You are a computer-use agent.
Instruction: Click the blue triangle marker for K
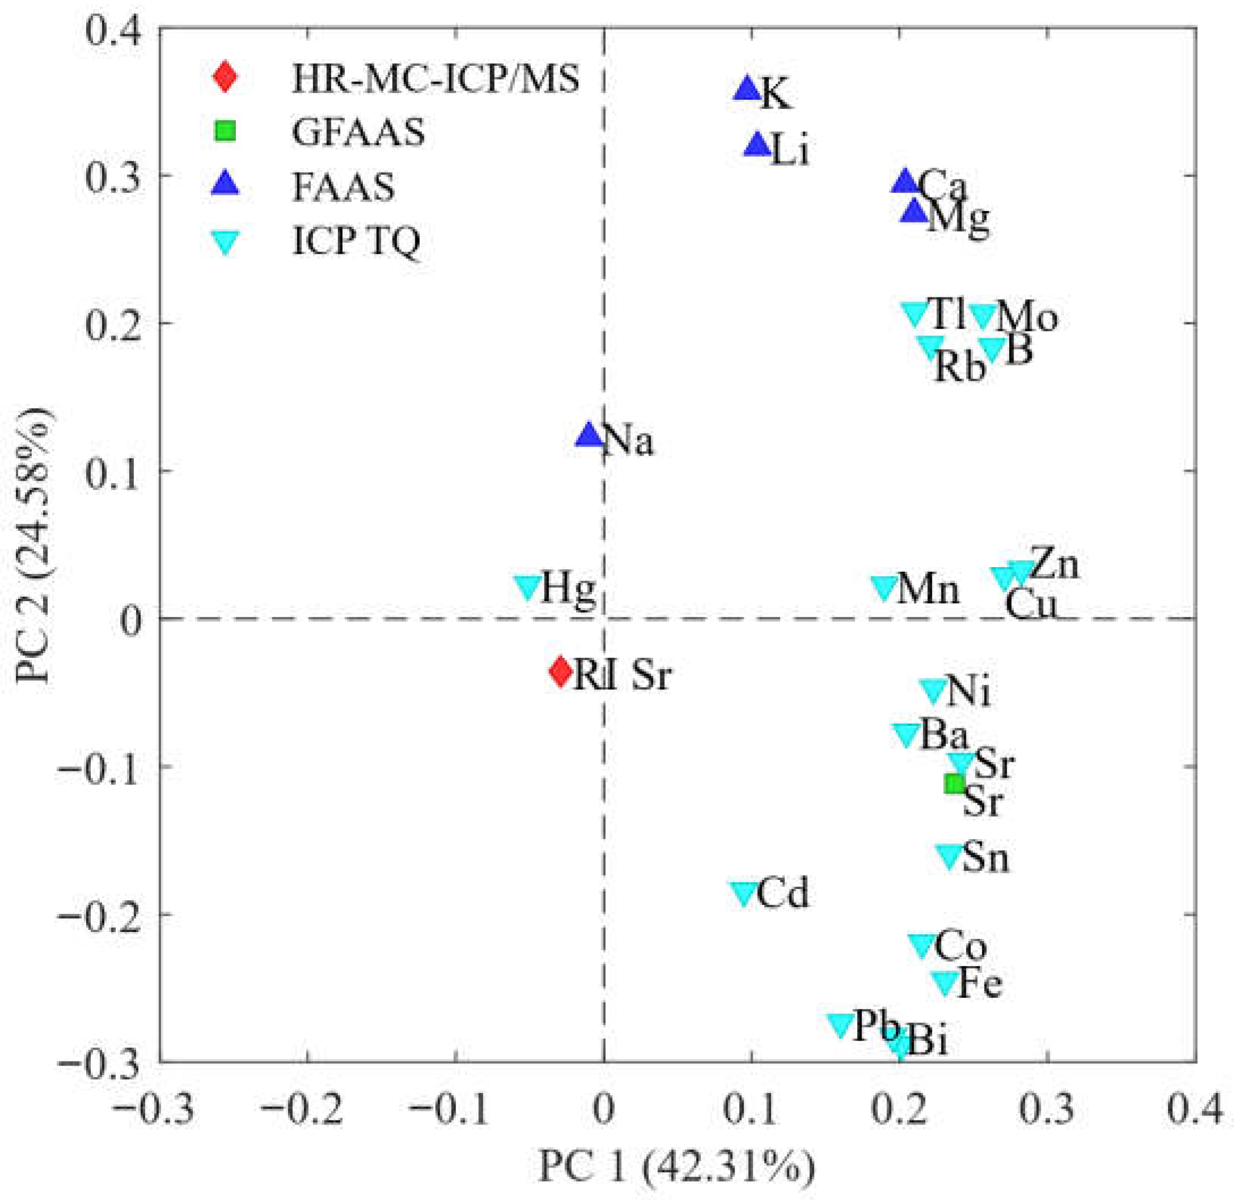coord(748,89)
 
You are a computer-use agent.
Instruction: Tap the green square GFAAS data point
coord(955,783)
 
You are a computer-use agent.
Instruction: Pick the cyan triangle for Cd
coord(744,893)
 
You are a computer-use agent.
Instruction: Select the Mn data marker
coord(884,587)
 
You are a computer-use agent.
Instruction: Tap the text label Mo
coord(1026,317)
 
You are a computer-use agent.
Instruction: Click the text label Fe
coord(980,984)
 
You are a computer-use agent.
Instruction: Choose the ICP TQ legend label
coord(356,242)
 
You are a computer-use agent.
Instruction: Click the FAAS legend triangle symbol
coord(225,186)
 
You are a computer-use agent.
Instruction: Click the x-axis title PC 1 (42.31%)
coord(676,1166)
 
